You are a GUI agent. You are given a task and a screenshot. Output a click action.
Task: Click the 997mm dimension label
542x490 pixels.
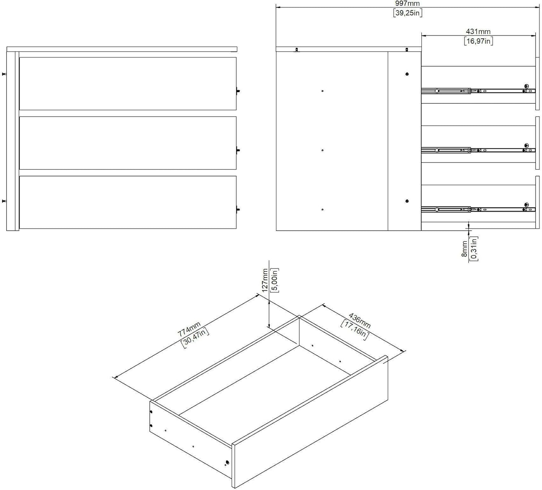(x=408, y=4)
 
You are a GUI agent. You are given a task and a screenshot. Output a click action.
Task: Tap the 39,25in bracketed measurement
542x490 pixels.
(x=408, y=13)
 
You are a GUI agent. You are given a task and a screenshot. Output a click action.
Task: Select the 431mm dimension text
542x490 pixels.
(x=478, y=31)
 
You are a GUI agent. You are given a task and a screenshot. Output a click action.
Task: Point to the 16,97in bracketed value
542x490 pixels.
(x=478, y=41)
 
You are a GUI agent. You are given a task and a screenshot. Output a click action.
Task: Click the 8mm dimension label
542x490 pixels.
(x=464, y=249)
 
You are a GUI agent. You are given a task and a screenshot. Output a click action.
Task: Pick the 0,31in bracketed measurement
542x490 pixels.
(x=474, y=248)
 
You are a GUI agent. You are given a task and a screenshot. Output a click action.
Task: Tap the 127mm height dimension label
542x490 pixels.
(x=265, y=280)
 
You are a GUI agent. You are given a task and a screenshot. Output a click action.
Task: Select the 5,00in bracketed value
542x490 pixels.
(x=275, y=280)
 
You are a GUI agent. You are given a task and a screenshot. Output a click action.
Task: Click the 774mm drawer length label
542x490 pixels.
(x=189, y=329)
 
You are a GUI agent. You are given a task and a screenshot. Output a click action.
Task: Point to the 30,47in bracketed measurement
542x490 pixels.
(x=196, y=338)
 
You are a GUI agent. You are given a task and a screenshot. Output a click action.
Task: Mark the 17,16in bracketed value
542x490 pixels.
(x=354, y=330)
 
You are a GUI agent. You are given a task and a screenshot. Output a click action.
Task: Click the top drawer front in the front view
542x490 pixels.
(x=128, y=84)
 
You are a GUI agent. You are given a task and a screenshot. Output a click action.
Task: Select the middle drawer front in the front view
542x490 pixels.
(x=128, y=143)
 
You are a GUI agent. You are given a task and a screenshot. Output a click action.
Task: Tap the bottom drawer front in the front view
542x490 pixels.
(x=128, y=202)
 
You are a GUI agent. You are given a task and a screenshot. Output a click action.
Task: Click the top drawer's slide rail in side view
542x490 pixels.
(x=478, y=91)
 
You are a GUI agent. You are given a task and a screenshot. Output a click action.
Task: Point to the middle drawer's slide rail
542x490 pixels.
(x=478, y=150)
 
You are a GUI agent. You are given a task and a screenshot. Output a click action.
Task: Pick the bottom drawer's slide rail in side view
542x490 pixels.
(x=478, y=209)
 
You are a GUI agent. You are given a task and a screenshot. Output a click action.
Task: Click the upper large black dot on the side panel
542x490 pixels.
(x=407, y=74)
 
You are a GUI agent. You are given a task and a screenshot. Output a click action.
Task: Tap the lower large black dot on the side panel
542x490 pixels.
(x=407, y=201)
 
